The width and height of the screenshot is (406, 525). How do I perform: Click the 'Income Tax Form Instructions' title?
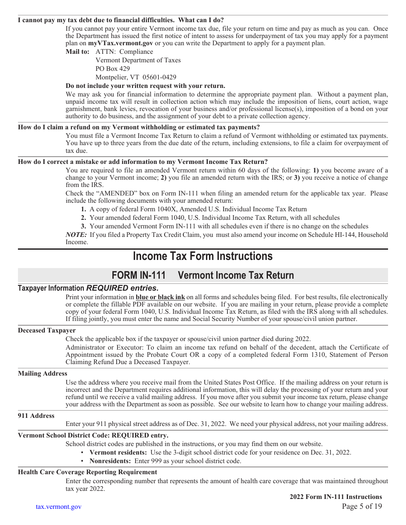[x=203, y=256]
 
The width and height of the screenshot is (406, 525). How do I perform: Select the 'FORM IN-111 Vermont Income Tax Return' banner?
[x=203, y=275]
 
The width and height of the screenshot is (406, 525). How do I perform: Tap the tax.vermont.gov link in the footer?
[x=59, y=507]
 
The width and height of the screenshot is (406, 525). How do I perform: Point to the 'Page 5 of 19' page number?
[x=362, y=507]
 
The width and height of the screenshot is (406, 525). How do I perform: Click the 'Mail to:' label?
[x=77, y=52]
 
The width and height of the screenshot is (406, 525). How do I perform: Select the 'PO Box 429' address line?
[x=112, y=69]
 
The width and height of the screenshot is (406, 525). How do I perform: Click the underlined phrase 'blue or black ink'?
[x=160, y=297]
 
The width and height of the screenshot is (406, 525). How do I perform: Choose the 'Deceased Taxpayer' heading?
[x=47, y=330]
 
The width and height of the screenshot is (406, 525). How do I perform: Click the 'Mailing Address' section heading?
[x=42, y=373]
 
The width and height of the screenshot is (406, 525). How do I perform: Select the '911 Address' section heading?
[x=36, y=416]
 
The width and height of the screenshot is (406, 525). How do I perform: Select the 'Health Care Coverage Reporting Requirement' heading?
[x=87, y=472]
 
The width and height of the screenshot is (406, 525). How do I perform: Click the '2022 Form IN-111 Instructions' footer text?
[x=335, y=497]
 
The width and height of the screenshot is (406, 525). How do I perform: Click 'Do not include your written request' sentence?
[x=145, y=86]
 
